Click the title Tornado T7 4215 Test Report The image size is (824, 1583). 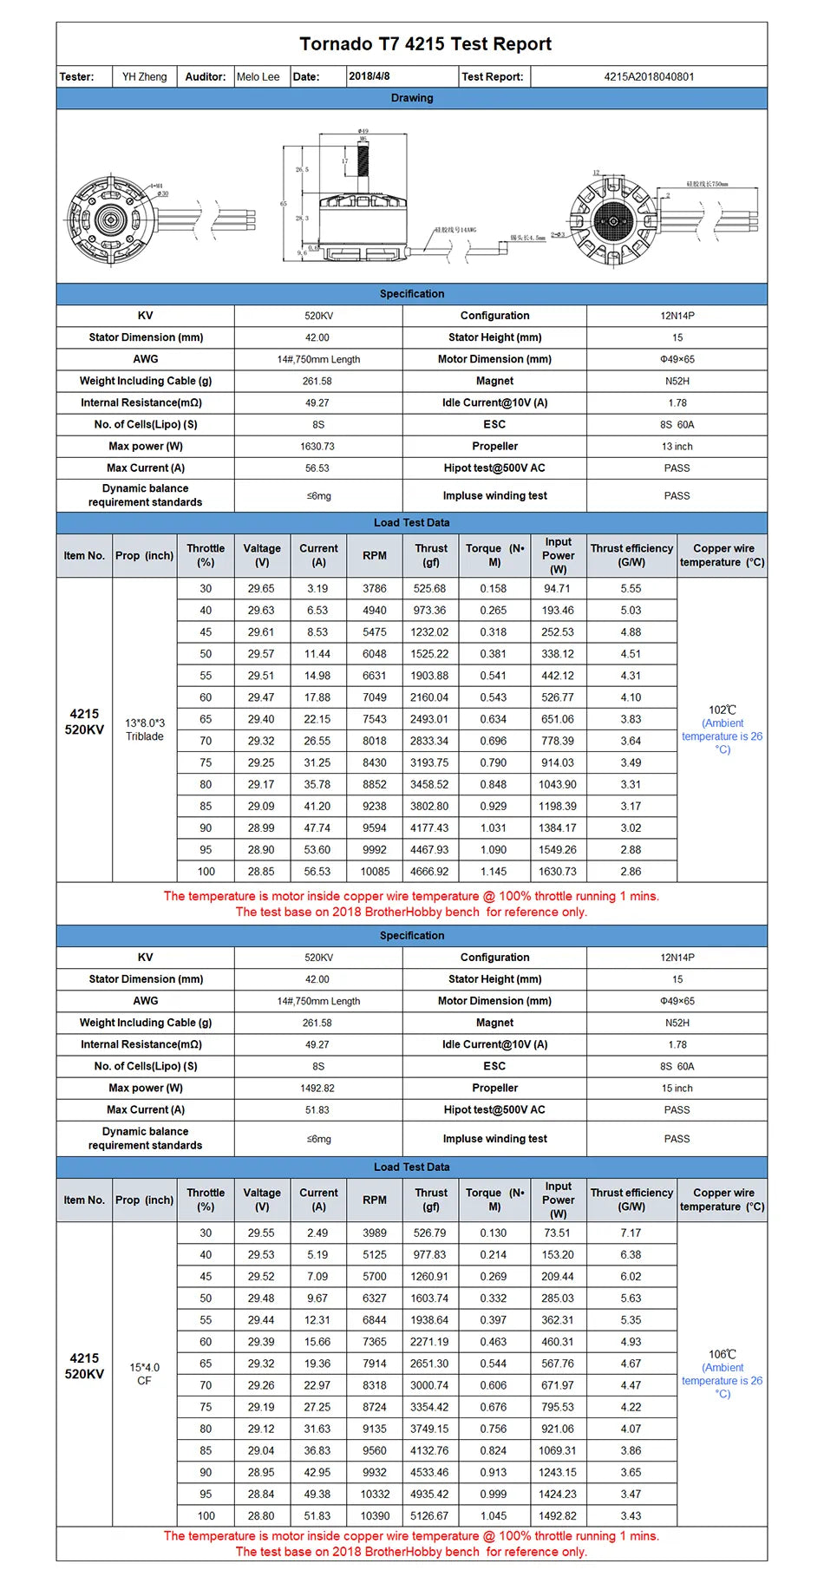[425, 44]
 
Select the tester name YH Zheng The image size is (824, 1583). [144, 76]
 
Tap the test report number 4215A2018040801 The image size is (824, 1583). [649, 76]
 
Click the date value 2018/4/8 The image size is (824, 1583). [369, 76]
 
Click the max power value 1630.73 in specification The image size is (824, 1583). [317, 446]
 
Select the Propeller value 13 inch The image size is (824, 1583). [677, 446]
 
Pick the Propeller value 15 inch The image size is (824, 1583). [677, 1088]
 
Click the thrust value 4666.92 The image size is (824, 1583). [430, 871]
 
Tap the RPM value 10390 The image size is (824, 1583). [375, 1515]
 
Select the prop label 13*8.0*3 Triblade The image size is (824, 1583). [144, 729]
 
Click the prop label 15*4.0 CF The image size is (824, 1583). [144, 1373]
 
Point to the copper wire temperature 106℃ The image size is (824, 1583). [722, 1354]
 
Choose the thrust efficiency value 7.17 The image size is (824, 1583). [631, 1233]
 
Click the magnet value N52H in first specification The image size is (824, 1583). [677, 381]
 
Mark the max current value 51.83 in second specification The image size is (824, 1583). [317, 1109]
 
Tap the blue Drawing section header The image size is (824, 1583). [412, 98]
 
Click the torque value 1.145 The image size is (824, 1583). [494, 871]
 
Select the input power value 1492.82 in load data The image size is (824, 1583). [558, 1515]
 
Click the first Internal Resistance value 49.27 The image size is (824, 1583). [317, 402]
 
